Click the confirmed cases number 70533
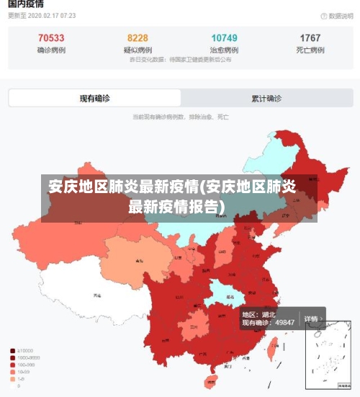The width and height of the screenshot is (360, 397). coord(51,37)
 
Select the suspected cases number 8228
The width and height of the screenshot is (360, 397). coord(138,37)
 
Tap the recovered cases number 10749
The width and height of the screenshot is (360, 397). coord(224,37)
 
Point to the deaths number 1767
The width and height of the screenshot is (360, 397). coord(310,37)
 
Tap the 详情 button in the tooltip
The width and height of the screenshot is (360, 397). coord(311,318)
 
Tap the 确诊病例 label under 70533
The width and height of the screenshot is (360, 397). coord(51,50)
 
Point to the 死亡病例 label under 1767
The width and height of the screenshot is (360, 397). coord(310,50)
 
